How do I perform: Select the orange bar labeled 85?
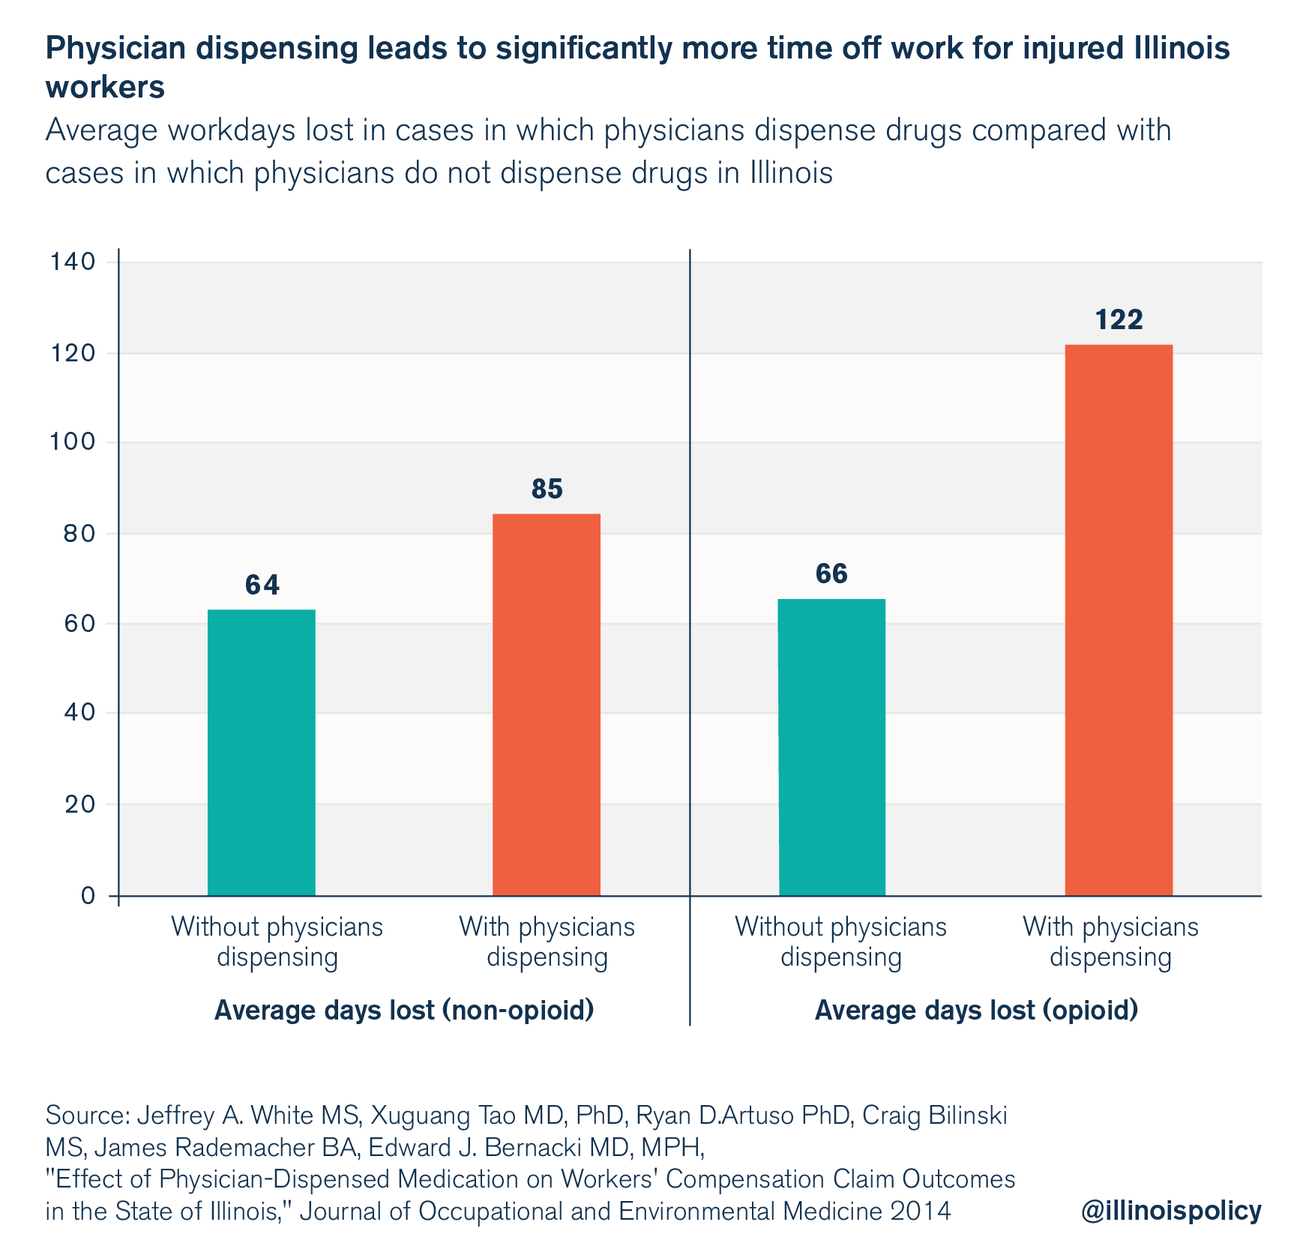(546, 704)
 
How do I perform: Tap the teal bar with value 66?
(831, 747)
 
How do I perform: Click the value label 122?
(1119, 320)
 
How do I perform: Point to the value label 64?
(262, 586)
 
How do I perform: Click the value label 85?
(547, 490)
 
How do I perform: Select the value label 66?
(831, 574)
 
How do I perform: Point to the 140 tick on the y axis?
(72, 262)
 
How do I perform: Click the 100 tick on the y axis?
(72, 443)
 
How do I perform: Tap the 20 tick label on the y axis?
(79, 804)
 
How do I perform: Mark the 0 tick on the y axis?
(88, 896)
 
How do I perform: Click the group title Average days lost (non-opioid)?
(404, 1011)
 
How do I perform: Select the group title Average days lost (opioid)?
(976, 1011)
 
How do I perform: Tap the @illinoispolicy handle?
(1171, 1210)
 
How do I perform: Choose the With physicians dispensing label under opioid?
(1110, 942)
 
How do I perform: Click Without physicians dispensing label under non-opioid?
(277, 942)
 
